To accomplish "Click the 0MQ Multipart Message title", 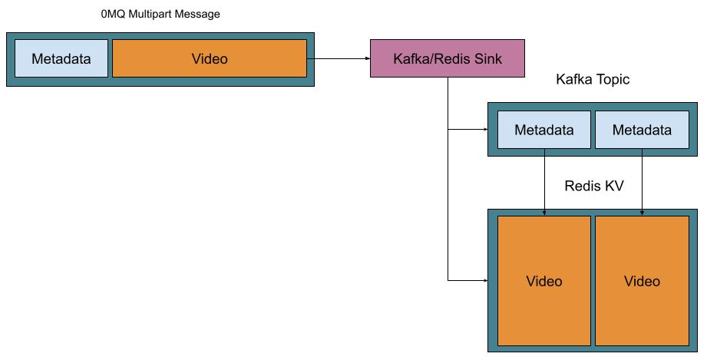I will coord(160,14).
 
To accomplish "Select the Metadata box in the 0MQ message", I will coord(61,59).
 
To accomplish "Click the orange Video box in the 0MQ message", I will coord(210,59).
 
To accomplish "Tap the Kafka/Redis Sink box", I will coord(448,58).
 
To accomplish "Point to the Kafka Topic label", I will coord(593,80).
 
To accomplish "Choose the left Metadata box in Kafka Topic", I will coord(544,130).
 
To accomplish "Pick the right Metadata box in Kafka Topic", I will coord(642,130).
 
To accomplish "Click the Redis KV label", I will coord(593,186).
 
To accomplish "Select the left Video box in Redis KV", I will coord(544,281).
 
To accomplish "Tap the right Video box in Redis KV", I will coord(642,281).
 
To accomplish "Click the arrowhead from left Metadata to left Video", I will coord(544,212).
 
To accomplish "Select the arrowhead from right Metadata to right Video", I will coord(642,212).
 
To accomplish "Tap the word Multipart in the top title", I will coord(151,14).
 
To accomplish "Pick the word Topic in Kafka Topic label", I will coord(612,80).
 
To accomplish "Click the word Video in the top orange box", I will coord(210,59).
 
